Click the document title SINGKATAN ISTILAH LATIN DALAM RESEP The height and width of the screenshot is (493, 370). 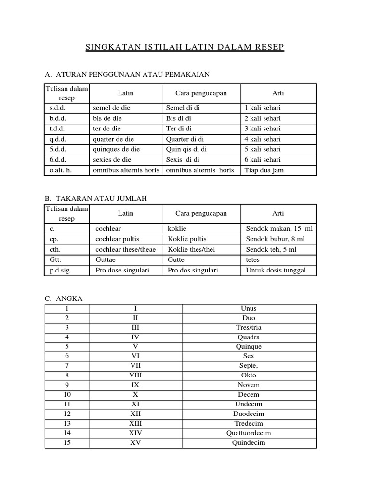185,47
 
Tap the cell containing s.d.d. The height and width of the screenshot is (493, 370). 58,108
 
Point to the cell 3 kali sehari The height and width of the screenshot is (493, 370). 263,129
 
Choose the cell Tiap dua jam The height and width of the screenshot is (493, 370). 264,170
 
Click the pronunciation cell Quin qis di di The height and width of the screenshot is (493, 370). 186,149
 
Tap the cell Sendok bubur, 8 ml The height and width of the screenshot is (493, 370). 275,239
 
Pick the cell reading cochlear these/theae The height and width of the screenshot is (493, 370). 125,249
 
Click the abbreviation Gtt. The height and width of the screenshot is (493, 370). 54,259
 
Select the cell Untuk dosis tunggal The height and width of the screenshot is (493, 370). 276,270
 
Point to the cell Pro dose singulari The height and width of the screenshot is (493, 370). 122,270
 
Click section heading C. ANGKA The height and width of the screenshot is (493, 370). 64,298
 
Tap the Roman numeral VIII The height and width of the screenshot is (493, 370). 135,376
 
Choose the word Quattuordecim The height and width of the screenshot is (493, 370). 248,433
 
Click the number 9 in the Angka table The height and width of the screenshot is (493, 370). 67,385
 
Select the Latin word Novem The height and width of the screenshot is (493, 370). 248,385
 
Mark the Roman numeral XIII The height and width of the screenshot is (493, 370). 135,424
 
